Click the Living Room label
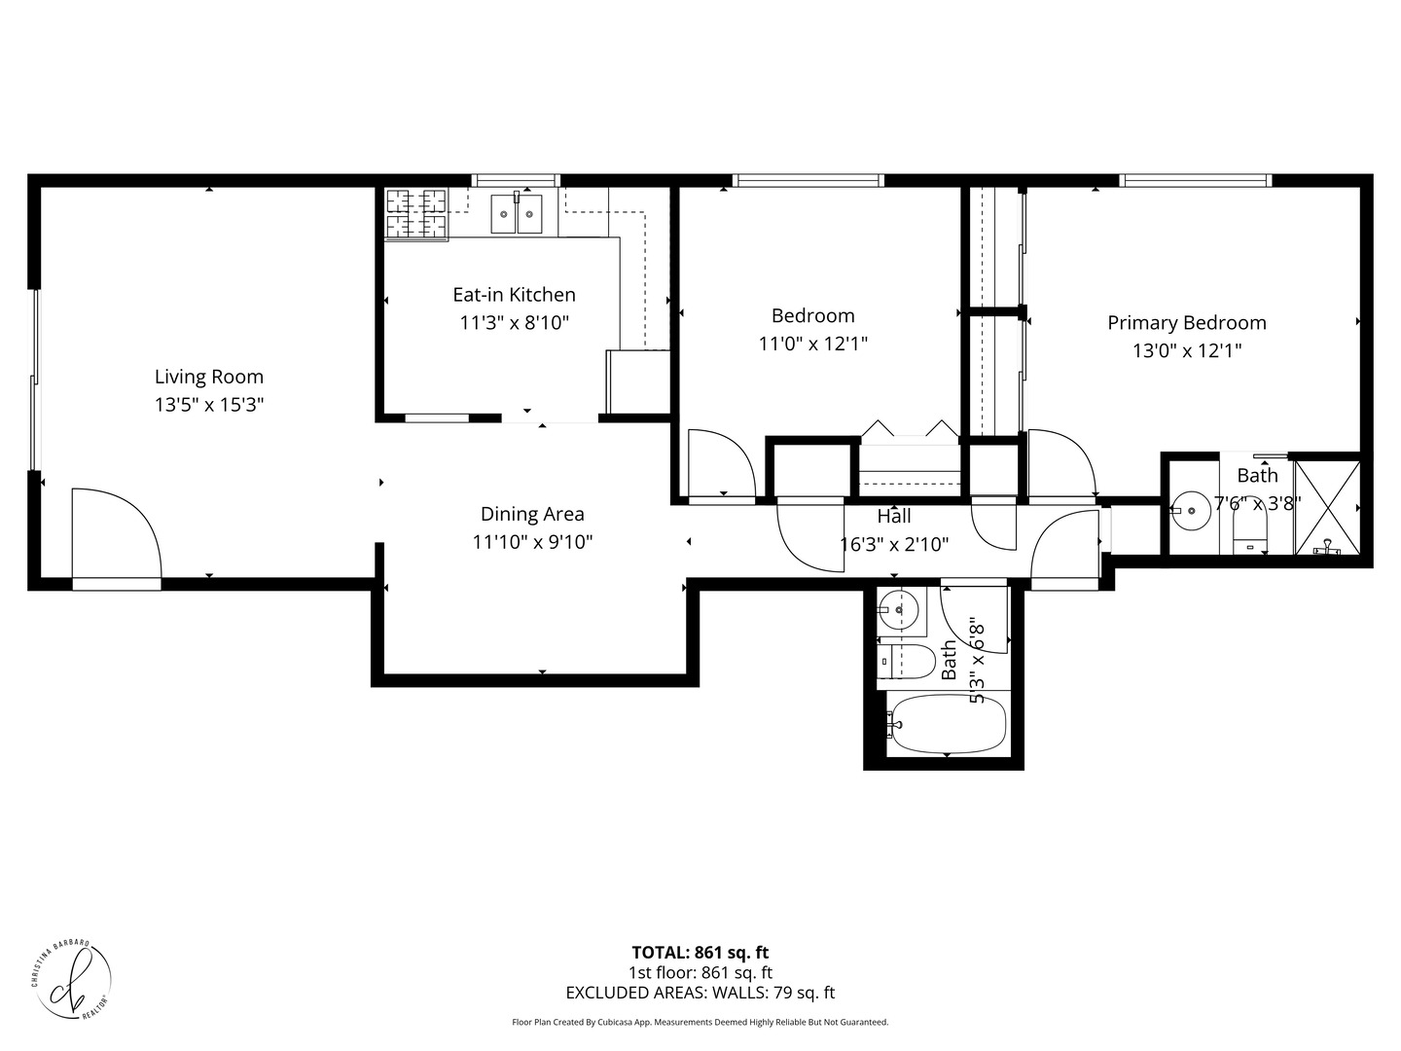tap(209, 377)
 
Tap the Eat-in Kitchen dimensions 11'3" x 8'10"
tap(514, 322)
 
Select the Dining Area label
tap(532, 514)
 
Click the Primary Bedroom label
tap(1186, 322)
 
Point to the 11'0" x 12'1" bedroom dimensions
tap(812, 343)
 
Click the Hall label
tap(893, 516)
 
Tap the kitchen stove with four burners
tap(417, 214)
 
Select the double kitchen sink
tap(516, 214)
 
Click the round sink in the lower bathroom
tap(897, 611)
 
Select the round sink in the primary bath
tap(1190, 509)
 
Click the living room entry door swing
tap(115, 535)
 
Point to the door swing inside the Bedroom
tap(720, 464)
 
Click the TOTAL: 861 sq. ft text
tap(700, 953)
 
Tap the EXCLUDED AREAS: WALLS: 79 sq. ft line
tap(700, 994)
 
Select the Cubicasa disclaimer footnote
tap(700, 1023)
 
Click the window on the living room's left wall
tap(35, 380)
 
